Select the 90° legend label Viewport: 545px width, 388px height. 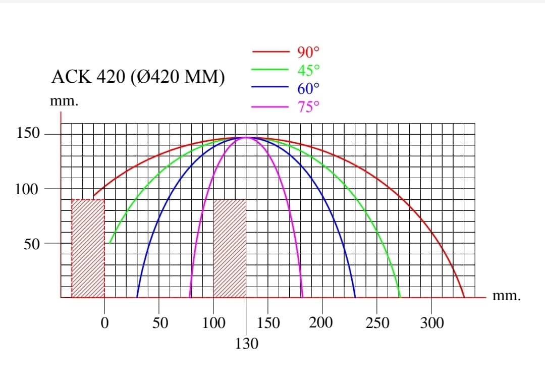point(308,51)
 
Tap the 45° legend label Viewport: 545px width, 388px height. point(308,70)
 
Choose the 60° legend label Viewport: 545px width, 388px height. point(308,88)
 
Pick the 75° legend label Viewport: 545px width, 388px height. point(308,107)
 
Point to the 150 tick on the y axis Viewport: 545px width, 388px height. point(28,134)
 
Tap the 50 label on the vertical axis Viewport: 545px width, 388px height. point(32,244)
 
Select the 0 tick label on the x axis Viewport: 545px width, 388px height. point(104,323)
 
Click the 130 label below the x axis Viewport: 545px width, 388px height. point(246,344)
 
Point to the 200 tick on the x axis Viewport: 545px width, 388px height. point(321,323)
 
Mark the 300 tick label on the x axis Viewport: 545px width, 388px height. point(431,323)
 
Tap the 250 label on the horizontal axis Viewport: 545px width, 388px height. point(377,323)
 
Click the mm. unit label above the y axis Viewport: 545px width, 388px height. point(64,101)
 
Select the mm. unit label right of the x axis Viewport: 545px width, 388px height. point(506,296)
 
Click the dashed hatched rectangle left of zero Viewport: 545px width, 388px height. point(88,248)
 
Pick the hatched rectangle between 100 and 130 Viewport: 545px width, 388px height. point(230,248)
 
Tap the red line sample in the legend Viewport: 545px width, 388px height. point(269,51)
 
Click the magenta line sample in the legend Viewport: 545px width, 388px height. point(269,107)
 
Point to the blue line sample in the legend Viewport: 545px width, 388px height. point(269,88)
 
